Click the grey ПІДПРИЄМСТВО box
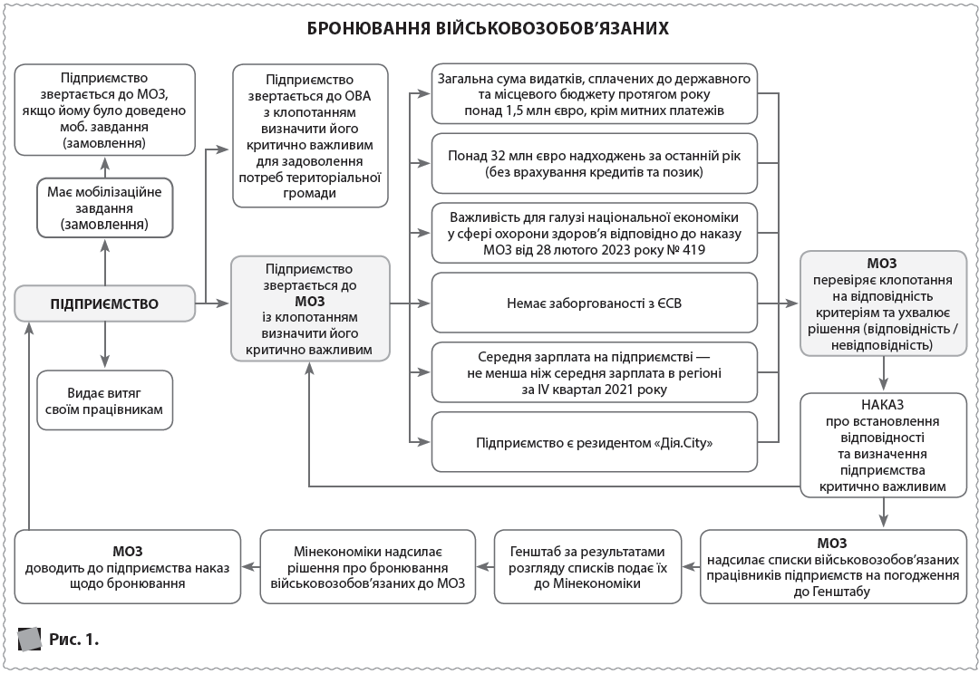click(105, 303)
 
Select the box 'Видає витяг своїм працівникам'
click(105, 400)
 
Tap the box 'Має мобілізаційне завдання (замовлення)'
click(105, 207)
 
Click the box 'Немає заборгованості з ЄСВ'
click(594, 303)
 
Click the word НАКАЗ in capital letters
click(883, 404)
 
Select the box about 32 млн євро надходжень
click(594, 164)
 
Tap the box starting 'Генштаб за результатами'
click(588, 567)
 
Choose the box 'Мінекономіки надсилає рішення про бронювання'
click(367, 567)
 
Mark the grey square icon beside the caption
click(30, 639)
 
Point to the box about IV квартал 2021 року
click(594, 372)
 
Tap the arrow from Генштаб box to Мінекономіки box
click(485, 567)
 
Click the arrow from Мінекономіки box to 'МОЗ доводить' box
click(250, 567)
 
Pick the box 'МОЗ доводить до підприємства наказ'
click(127, 567)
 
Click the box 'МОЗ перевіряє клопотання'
click(883, 303)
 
